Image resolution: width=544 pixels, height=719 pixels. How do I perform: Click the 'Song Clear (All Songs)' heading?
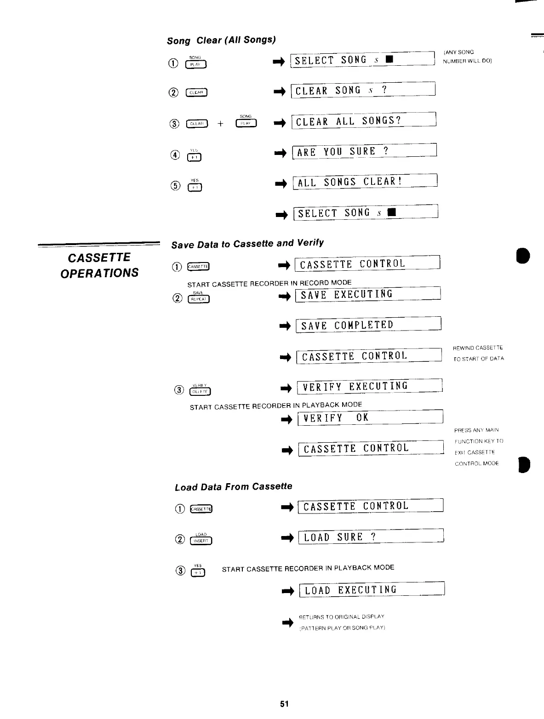click(x=221, y=40)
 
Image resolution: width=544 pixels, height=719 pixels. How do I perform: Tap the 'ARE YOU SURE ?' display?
click(x=364, y=151)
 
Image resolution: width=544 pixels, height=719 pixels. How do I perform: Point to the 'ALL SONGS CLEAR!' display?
click(x=365, y=182)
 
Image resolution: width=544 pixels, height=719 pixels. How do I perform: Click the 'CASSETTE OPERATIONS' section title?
click(x=99, y=265)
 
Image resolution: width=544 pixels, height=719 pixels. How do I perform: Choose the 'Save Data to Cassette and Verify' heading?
click(x=247, y=244)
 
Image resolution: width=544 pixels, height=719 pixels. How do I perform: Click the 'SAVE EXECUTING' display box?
click(x=368, y=294)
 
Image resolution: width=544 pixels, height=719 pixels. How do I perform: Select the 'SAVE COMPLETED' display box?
click(x=368, y=325)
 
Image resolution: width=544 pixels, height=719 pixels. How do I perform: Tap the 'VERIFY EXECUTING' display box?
click(x=370, y=386)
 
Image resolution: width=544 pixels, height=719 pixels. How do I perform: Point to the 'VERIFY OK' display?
click(x=370, y=417)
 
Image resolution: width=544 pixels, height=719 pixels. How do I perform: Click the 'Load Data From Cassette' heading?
click(x=234, y=486)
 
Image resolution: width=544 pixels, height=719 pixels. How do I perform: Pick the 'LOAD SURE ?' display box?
click(x=371, y=537)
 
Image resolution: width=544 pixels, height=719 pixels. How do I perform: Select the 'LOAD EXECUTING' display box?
click(x=372, y=590)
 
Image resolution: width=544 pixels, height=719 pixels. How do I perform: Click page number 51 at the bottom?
click(x=284, y=704)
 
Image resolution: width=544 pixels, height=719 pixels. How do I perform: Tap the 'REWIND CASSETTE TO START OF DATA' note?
click(x=478, y=353)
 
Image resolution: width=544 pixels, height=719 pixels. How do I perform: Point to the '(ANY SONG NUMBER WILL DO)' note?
click(x=467, y=57)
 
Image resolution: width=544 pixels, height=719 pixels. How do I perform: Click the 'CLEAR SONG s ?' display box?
click(x=363, y=90)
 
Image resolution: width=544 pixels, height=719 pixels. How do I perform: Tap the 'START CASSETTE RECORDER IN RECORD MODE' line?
click(x=269, y=283)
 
